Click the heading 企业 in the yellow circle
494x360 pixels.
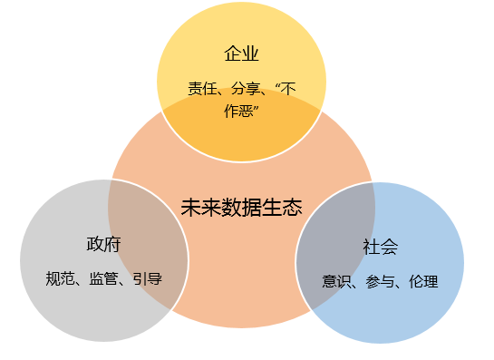point(241,54)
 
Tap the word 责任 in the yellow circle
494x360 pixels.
point(202,89)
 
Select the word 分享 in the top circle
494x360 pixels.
point(246,89)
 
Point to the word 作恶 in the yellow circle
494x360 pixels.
point(238,111)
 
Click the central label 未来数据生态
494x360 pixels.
point(241,208)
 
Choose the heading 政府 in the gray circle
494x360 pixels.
point(103,244)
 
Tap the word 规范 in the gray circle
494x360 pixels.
point(60,278)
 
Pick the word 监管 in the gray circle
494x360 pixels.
point(103,278)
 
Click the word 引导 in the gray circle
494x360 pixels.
point(147,278)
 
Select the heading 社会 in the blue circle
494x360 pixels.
point(381,247)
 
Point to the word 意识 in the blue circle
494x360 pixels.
point(336,281)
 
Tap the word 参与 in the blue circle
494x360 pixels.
point(380,281)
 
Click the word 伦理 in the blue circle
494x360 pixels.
point(423,281)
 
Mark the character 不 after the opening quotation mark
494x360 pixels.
point(289,89)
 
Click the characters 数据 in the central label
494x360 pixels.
point(241,208)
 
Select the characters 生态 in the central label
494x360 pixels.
point(282,208)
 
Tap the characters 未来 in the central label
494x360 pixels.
point(201,208)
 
